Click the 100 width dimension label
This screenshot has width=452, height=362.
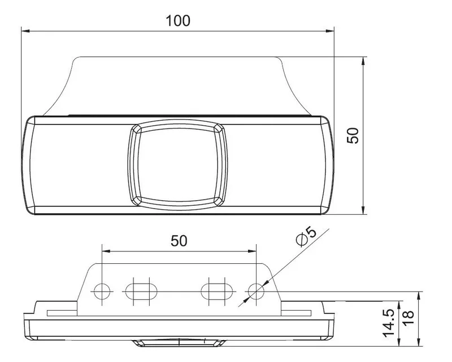tap(178, 21)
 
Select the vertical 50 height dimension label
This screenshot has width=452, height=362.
tap(353, 135)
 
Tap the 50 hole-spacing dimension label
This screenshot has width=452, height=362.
tap(179, 241)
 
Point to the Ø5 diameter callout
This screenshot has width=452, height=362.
tap(306, 236)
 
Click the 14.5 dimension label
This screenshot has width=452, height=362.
tap(389, 323)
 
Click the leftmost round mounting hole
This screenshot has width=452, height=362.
tap(102, 291)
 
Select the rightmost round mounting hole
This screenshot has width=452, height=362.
tap(257, 291)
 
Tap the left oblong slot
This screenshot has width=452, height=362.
tap(141, 291)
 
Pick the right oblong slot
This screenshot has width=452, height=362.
tap(217, 291)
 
